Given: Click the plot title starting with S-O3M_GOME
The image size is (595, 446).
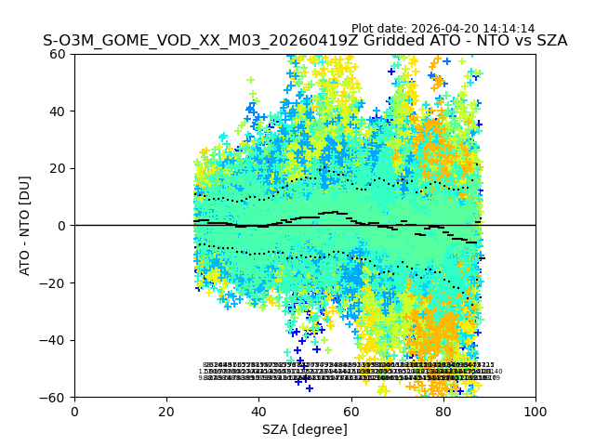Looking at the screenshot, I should click(x=305, y=41).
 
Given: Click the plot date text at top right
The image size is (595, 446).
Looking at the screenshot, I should click(x=443, y=29).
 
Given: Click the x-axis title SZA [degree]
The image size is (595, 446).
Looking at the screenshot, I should click(x=305, y=429).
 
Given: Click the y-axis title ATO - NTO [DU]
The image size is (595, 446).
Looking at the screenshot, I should click(x=26, y=226).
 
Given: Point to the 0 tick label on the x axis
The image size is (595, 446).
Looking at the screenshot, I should click(x=74, y=412).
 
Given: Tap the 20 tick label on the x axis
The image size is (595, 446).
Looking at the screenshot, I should click(x=166, y=412).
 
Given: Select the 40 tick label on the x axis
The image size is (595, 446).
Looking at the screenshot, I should click(x=258, y=412).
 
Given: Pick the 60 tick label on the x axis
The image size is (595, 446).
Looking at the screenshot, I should click(x=350, y=412).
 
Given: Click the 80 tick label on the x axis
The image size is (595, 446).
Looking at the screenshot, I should click(x=443, y=412).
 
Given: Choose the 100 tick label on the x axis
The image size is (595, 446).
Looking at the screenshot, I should click(x=535, y=412).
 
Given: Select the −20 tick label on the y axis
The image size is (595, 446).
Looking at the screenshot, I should click(x=57, y=283).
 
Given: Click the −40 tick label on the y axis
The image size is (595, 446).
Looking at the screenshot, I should click(x=57, y=340).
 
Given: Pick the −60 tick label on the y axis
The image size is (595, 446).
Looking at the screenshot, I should click(x=57, y=398).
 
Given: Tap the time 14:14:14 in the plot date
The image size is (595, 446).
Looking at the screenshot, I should click(x=508, y=29).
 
